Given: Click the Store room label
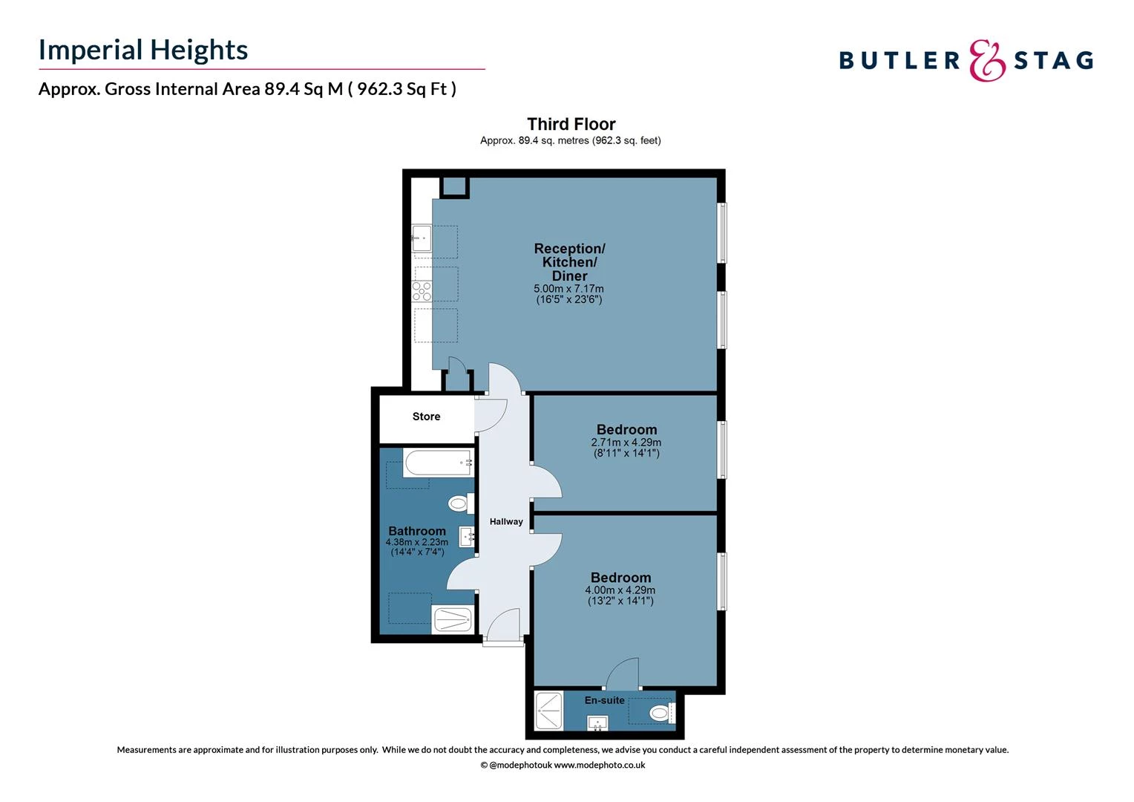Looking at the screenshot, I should (x=426, y=417).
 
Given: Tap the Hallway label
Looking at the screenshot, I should (x=506, y=522).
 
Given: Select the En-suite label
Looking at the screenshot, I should (x=604, y=700).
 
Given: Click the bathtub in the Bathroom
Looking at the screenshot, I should (x=439, y=463).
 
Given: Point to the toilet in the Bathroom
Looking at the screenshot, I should (x=459, y=504).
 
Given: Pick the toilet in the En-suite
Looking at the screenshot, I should (x=659, y=714).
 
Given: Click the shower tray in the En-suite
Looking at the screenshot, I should (x=549, y=711).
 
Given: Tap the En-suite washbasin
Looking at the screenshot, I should (x=597, y=722).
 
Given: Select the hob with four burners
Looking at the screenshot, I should (x=422, y=292).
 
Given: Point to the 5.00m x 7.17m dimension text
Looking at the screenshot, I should (x=568, y=289).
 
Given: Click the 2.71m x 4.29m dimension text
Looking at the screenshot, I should (x=626, y=443).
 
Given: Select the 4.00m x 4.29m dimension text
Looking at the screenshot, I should (x=620, y=590).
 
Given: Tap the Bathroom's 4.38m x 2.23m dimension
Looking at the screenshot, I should (x=416, y=542).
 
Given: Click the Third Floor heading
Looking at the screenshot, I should (x=571, y=124).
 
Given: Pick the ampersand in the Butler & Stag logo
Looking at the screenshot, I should (x=987, y=61).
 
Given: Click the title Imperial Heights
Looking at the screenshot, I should (x=143, y=50).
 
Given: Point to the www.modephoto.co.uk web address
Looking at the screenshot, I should (x=599, y=765).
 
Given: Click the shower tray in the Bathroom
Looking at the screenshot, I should (x=452, y=619).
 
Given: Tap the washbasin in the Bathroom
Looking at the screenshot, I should (x=468, y=536).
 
